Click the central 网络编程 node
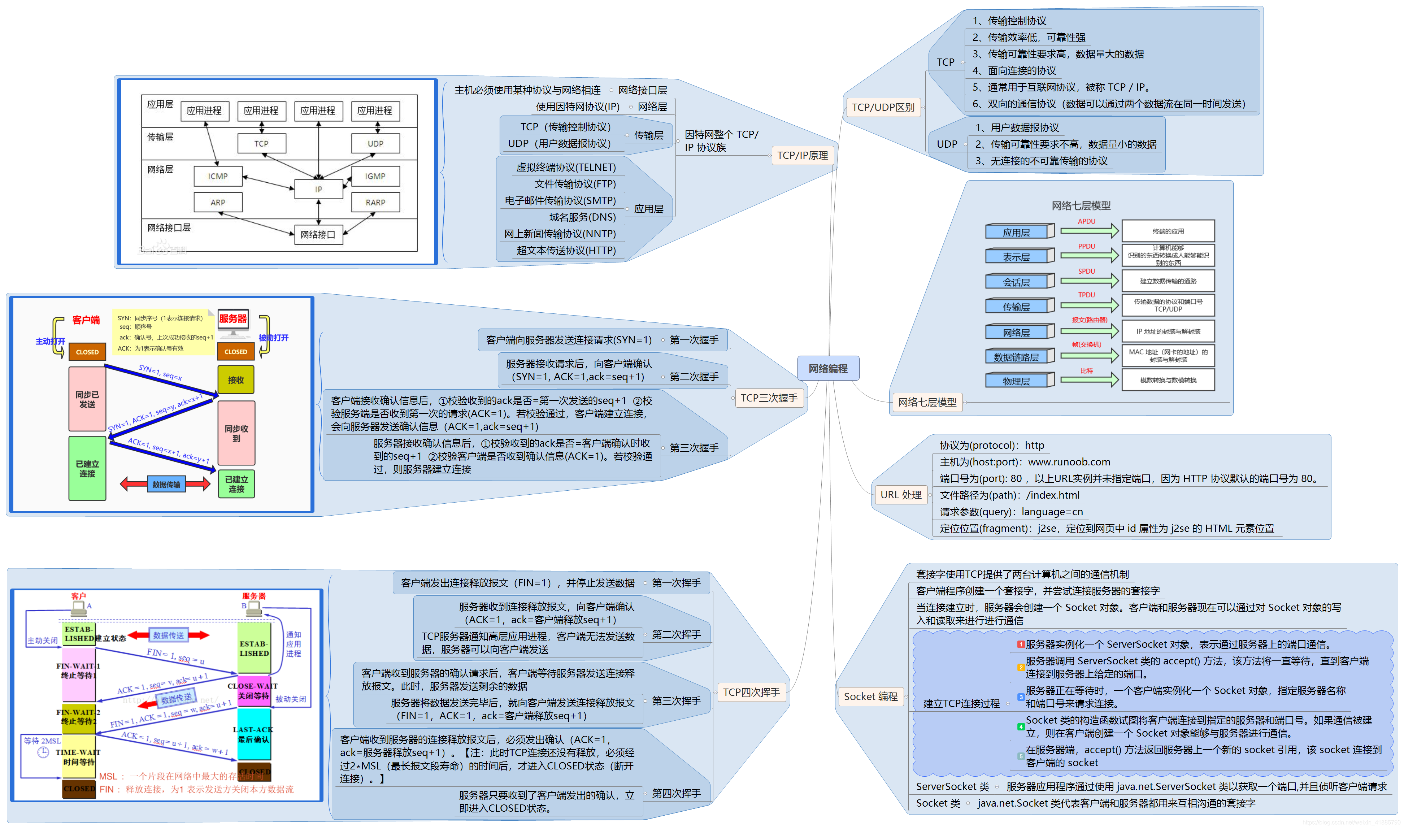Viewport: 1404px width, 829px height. coord(828,369)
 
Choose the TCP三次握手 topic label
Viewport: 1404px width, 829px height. coord(769,398)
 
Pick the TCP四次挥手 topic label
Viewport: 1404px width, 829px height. coord(751,692)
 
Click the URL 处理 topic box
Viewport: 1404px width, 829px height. coord(900,495)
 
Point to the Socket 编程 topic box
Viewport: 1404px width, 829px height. coord(870,696)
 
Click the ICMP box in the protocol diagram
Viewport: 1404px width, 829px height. coord(218,176)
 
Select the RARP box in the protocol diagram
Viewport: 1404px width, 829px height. coord(375,202)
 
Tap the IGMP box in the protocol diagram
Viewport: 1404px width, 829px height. coord(375,176)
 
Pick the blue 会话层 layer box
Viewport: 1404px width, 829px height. coord(1016,282)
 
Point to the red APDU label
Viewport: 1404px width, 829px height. coord(1086,221)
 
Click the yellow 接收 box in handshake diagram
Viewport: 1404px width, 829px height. coord(236,380)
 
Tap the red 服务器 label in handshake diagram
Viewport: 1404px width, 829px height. coord(233,318)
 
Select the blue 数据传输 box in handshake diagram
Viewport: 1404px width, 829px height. coord(166,484)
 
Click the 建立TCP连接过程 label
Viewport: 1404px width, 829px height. coord(961,703)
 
